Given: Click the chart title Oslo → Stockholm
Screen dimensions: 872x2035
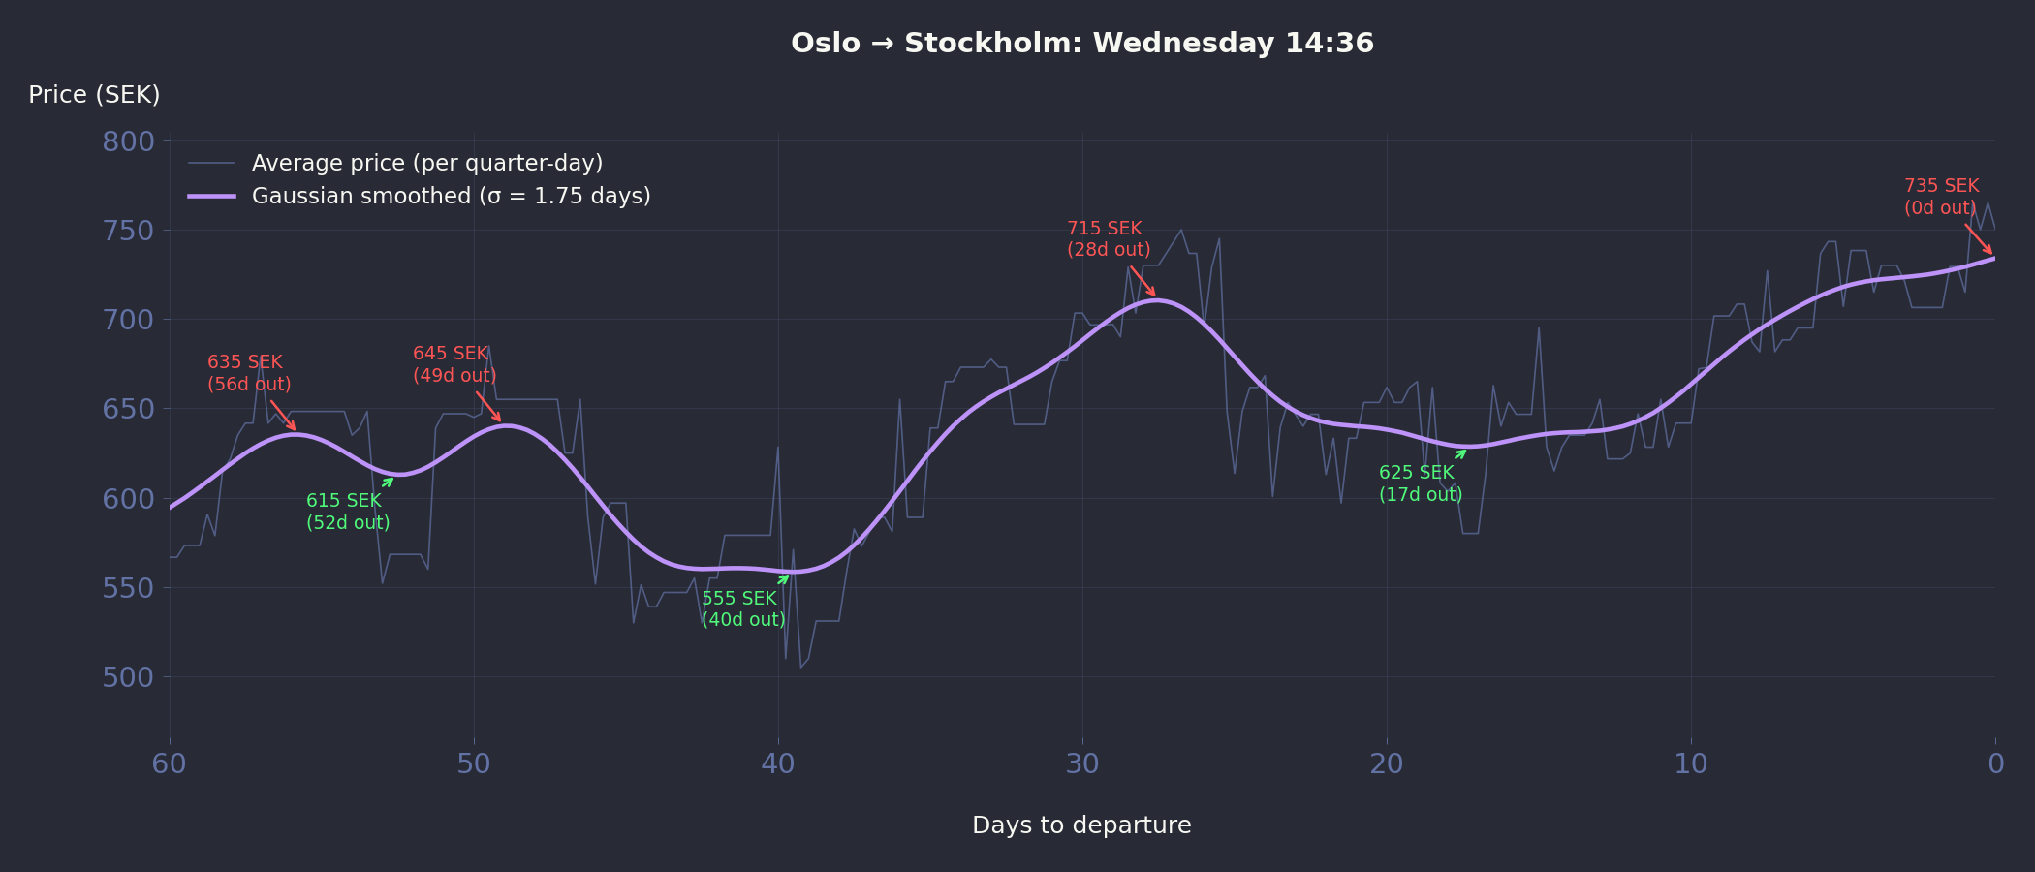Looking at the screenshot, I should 1081,44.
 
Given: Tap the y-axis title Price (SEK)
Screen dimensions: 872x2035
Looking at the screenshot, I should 94,95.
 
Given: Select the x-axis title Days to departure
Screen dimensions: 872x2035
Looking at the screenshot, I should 1081,825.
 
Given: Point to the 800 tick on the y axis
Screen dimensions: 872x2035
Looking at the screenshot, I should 128,141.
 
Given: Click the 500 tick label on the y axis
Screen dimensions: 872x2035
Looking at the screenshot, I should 128,677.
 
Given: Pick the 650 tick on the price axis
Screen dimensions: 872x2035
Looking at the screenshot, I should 128,409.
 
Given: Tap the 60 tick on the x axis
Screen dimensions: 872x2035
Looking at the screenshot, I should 170,764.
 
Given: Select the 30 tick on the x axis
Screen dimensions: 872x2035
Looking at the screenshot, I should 1082,764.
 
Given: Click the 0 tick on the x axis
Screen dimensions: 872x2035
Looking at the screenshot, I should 1995,764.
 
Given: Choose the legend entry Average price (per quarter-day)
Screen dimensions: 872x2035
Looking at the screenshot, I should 426,163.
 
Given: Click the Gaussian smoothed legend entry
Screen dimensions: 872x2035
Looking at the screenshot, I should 451,196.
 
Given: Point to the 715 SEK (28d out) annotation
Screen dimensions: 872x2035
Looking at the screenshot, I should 1109,239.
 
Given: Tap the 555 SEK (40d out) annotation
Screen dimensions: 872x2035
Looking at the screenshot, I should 743,609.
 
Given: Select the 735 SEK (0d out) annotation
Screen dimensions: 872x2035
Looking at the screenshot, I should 1940,197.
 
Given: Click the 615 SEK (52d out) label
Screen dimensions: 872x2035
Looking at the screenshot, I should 348,512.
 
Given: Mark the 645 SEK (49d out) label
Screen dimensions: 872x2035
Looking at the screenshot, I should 454,364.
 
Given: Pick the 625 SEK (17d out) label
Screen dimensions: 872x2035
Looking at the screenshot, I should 1421,483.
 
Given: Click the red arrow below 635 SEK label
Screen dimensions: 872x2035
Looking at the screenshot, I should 283,415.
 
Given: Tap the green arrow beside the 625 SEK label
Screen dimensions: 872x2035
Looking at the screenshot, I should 1460,454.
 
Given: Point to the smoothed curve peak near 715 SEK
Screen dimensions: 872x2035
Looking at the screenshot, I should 1155,300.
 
